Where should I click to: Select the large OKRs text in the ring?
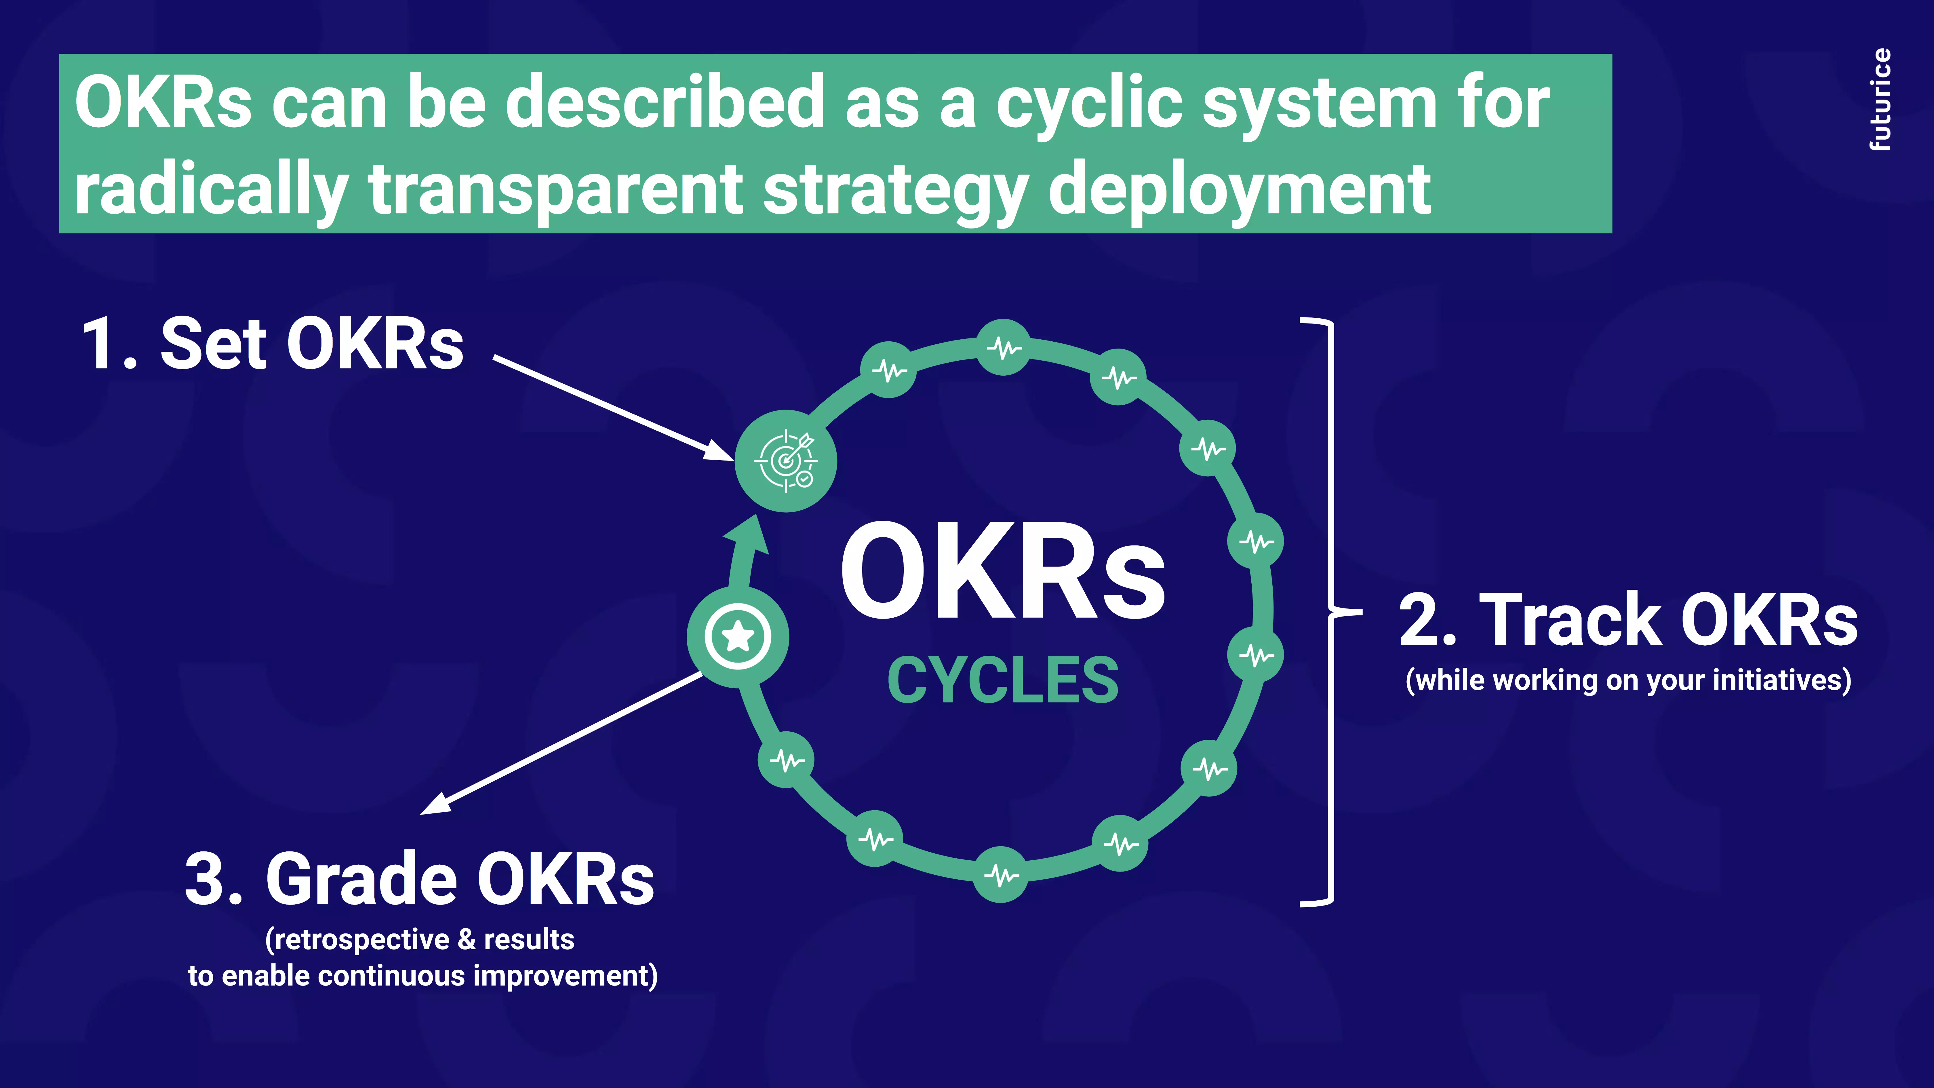click(x=1003, y=572)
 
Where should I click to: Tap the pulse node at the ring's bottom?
click(x=1001, y=874)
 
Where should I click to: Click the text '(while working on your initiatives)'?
click(x=1628, y=680)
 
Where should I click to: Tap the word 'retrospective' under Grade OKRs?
click(x=363, y=939)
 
